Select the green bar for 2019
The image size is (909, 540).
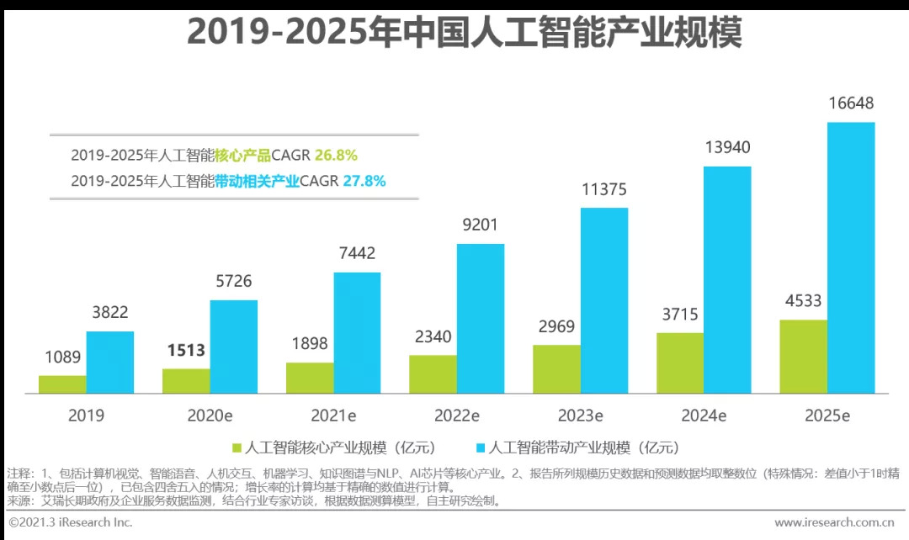click(x=62, y=384)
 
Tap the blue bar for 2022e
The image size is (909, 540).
click(x=481, y=319)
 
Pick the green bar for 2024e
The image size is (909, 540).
click(x=680, y=363)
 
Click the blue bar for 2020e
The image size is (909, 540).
click(x=233, y=347)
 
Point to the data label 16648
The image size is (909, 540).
click(x=851, y=104)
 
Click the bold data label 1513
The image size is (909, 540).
click(x=186, y=350)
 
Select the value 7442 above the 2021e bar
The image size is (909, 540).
click(x=357, y=253)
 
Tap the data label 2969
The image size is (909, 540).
click(x=556, y=326)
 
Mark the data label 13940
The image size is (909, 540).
click(x=727, y=148)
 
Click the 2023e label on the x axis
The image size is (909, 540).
click(x=581, y=416)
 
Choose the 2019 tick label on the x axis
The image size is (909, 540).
click(x=87, y=416)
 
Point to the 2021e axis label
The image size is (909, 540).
click(x=333, y=416)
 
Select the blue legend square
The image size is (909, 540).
click(x=481, y=447)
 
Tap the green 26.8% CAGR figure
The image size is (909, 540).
click(x=336, y=155)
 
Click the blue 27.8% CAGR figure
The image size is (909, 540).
click(x=364, y=180)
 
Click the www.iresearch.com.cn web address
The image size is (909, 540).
click(x=833, y=523)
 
